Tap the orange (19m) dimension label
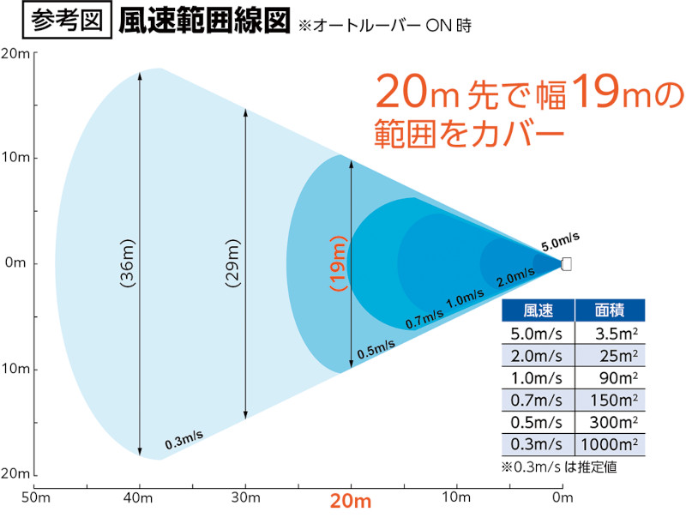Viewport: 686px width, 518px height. pyautogui.click(x=339, y=263)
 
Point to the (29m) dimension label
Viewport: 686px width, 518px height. pyautogui.click(x=232, y=263)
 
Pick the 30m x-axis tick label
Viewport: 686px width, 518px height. pyautogui.click(x=246, y=498)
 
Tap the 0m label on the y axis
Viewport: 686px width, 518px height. pyautogui.click(x=16, y=263)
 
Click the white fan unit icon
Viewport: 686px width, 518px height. pyautogui.click(x=566, y=263)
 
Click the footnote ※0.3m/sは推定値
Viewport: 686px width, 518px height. pyautogui.click(x=560, y=467)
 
